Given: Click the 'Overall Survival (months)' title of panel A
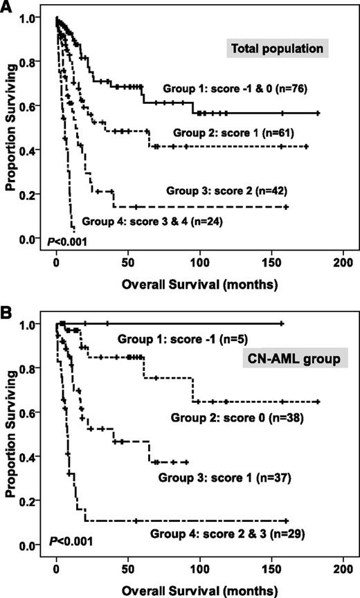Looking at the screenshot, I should click(198, 284).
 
